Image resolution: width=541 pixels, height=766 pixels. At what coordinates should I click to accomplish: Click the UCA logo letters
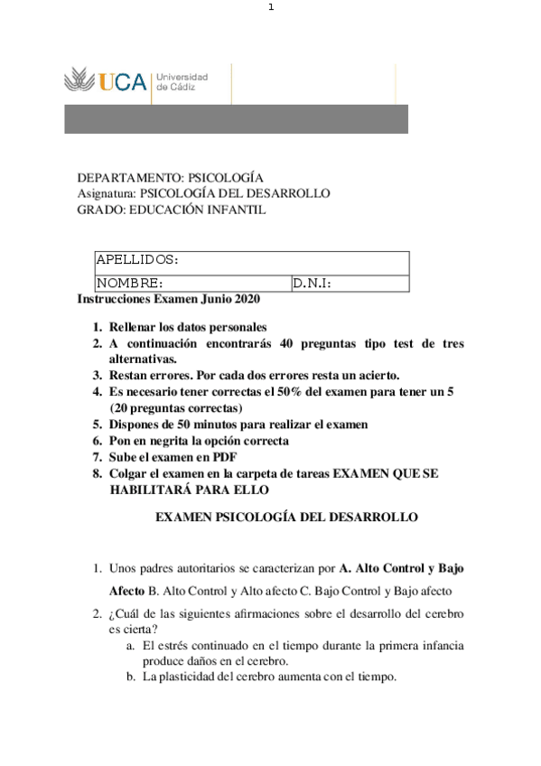(124, 82)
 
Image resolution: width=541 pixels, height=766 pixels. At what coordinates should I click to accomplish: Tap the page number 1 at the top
(270, 8)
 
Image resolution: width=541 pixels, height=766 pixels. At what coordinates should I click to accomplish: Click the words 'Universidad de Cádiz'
(182, 81)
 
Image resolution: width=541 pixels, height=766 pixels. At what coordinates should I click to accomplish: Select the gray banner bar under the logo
(236, 119)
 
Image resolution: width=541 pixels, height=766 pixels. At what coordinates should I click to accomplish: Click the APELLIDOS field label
(136, 260)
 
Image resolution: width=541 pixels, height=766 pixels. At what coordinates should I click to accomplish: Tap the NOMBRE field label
(128, 284)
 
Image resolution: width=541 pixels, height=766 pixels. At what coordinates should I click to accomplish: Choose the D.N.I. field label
(312, 284)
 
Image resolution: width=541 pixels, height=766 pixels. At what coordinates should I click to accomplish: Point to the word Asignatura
(107, 193)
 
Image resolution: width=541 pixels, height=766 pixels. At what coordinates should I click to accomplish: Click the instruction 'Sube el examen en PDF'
(171, 457)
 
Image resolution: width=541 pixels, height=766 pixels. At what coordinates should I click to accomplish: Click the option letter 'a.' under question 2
(131, 646)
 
